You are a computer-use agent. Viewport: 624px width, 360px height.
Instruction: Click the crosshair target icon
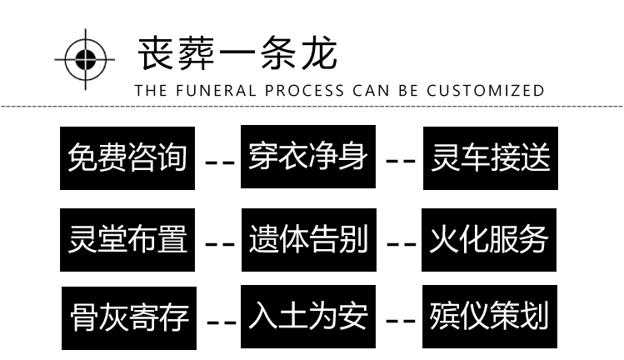[85, 60]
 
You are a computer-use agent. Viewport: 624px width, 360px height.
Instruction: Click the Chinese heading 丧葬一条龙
[237, 53]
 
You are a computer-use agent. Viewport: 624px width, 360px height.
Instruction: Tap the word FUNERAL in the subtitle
[216, 91]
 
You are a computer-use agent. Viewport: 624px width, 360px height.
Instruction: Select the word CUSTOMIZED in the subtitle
[486, 91]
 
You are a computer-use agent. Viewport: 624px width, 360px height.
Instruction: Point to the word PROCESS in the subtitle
[304, 91]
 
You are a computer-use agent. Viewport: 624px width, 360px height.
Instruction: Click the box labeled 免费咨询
[127, 158]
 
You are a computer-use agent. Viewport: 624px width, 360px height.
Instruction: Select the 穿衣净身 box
[308, 157]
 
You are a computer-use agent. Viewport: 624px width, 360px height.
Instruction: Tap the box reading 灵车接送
[490, 158]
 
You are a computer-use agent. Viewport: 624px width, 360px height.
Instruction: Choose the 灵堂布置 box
[127, 240]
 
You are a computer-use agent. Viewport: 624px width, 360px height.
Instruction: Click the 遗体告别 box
[309, 240]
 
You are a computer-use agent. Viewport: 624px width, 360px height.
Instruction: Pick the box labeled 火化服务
[489, 240]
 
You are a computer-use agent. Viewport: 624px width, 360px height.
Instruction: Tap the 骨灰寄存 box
[129, 318]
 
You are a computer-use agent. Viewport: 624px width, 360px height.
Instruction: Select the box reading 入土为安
[308, 317]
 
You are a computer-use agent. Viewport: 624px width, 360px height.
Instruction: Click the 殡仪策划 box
[490, 317]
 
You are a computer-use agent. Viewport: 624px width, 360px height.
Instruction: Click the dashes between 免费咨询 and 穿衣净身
[220, 162]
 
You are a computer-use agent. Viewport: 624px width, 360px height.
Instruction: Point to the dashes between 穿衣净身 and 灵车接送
[401, 161]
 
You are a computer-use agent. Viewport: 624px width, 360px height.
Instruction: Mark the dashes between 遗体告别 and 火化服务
[402, 243]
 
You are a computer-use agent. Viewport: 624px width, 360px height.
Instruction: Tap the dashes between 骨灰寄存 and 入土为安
[222, 322]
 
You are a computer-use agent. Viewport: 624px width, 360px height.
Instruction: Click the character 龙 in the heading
[319, 53]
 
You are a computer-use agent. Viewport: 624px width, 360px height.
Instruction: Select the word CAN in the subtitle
[371, 91]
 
